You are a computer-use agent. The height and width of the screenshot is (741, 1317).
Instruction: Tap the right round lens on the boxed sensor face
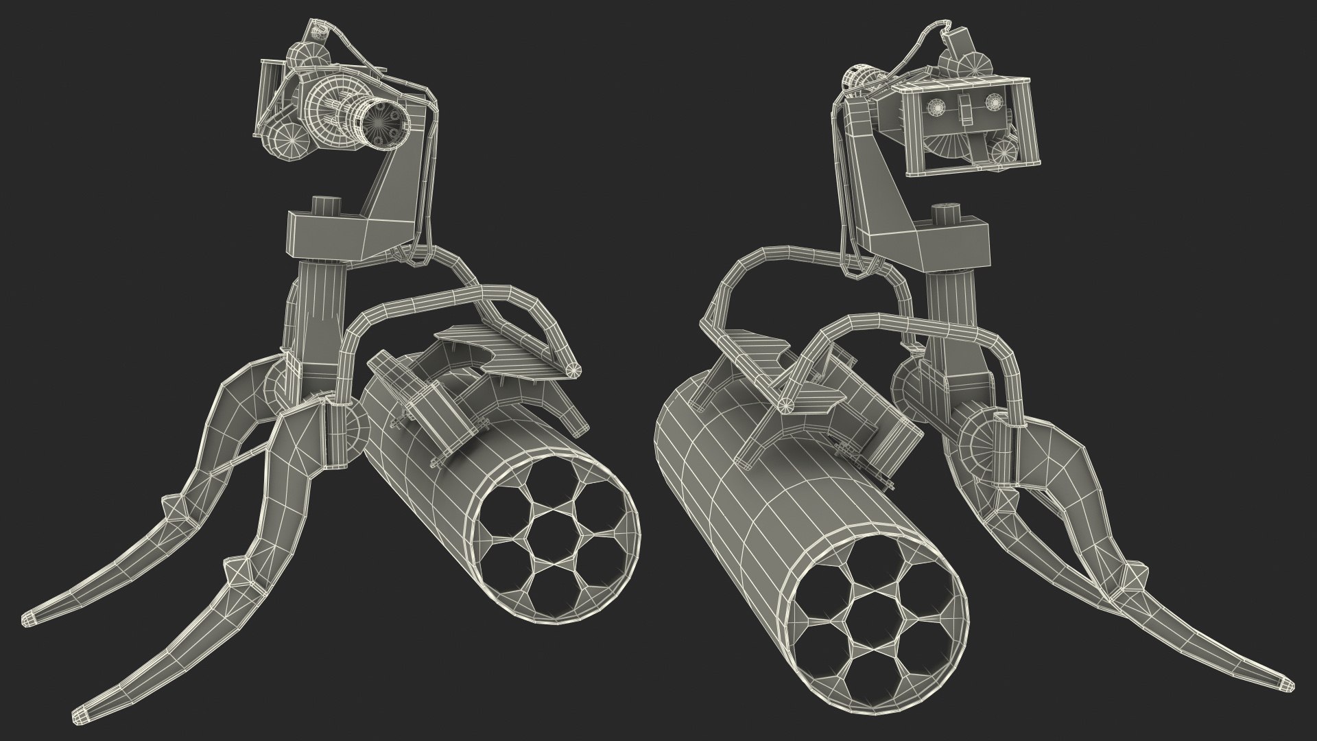tap(994, 102)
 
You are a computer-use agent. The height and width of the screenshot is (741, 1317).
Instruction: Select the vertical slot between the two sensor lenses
tap(966, 110)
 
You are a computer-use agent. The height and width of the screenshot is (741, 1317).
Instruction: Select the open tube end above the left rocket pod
tap(573, 370)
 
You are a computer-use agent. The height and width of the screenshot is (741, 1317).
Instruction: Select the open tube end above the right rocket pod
tap(787, 403)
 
